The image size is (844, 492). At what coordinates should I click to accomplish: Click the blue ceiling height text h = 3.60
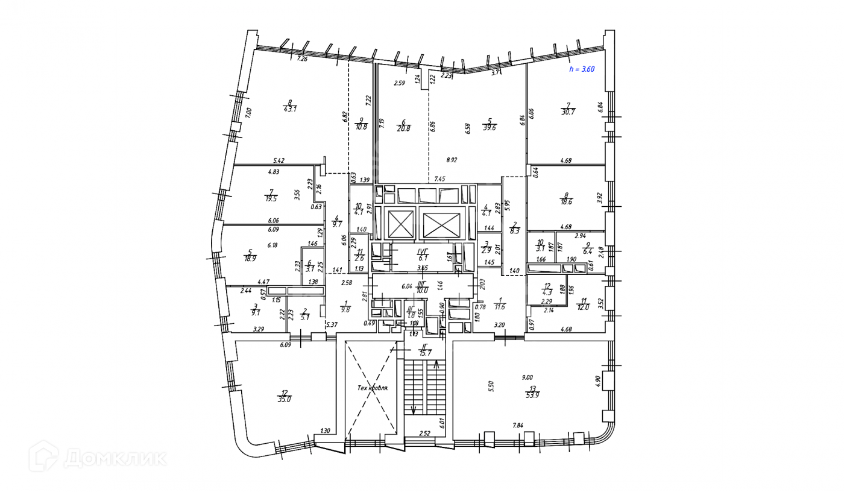[582, 69]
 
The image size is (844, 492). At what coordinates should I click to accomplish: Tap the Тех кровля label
[372, 388]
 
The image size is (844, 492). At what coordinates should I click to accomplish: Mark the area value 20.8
[404, 128]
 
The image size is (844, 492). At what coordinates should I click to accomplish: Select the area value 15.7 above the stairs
[426, 353]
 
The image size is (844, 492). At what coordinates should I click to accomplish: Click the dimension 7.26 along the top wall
[303, 59]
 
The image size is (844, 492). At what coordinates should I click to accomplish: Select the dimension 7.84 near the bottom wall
[518, 426]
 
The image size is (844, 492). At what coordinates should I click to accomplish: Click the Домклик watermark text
[115, 458]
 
